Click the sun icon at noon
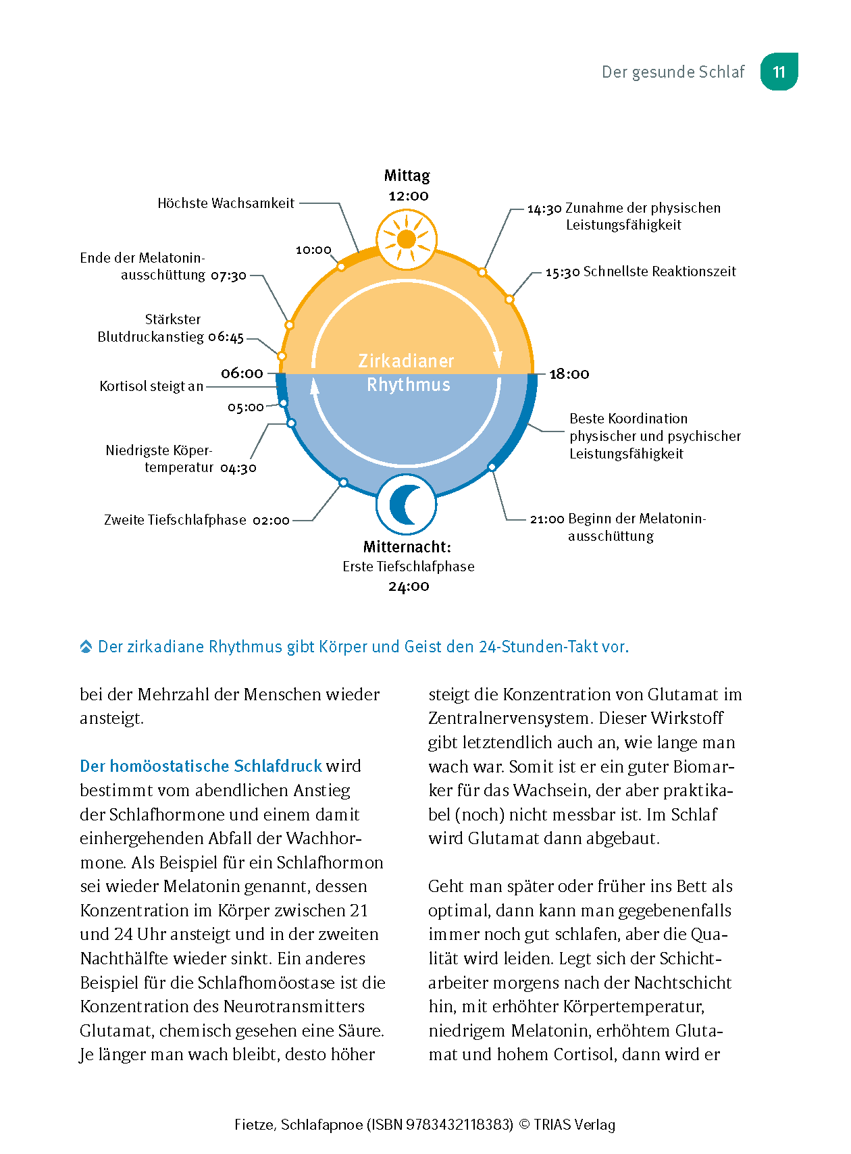pyautogui.click(x=407, y=239)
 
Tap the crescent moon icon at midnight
pyautogui.click(x=407, y=504)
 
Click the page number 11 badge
pyautogui.click(x=779, y=72)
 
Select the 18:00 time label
pyautogui.click(x=569, y=374)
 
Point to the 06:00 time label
pyautogui.click(x=242, y=373)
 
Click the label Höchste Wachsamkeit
pyautogui.click(x=226, y=203)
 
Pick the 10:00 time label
pyautogui.click(x=313, y=250)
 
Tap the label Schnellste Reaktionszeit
pyautogui.click(x=659, y=271)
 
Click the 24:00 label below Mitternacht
pyautogui.click(x=409, y=586)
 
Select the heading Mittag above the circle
pyautogui.click(x=407, y=176)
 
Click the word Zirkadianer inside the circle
pyautogui.click(x=406, y=361)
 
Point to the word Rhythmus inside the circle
pyautogui.click(x=408, y=385)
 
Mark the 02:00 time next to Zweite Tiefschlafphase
pyautogui.click(x=271, y=520)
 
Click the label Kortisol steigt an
pyautogui.click(x=151, y=386)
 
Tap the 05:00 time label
pyautogui.click(x=245, y=407)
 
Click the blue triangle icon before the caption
pyautogui.click(x=86, y=647)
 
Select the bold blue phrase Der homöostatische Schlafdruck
pyautogui.click(x=201, y=766)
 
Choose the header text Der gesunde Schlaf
pyautogui.click(x=673, y=72)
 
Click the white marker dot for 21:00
pyautogui.click(x=492, y=467)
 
